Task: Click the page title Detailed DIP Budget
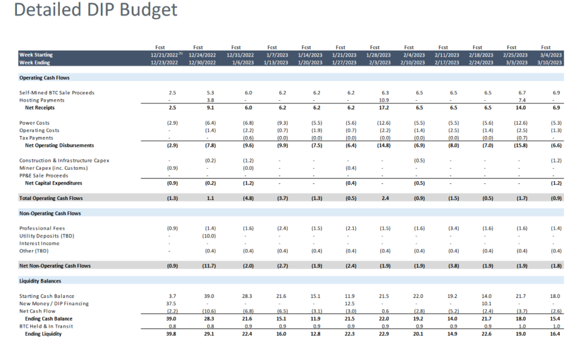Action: [95, 10]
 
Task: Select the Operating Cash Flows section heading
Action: [44, 77]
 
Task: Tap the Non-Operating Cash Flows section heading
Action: [50, 213]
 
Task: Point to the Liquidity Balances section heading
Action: [41, 281]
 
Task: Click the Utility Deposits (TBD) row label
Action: [47, 236]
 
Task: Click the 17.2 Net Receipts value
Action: [383, 107]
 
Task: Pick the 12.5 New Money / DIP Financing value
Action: [349, 304]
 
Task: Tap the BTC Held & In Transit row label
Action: [46, 326]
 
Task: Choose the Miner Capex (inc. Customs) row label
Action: [54, 168]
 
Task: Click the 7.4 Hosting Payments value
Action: [520, 100]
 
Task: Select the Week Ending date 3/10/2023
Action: [549, 62]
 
